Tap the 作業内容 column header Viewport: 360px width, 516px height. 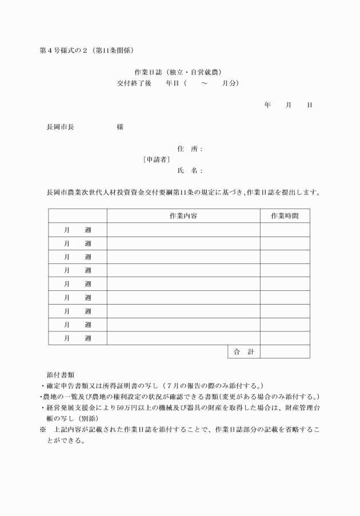pos(183,215)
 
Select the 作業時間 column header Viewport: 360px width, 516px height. pos(285,215)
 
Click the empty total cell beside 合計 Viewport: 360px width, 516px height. pos(285,352)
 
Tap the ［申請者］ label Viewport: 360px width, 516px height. pos(156,159)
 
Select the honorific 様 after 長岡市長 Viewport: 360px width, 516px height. pos(120,127)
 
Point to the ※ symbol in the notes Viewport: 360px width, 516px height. pos(42,429)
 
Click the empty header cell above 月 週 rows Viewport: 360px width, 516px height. pos(78,215)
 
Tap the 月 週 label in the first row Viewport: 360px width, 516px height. pos(78,230)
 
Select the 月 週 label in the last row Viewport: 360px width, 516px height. pos(78,338)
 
